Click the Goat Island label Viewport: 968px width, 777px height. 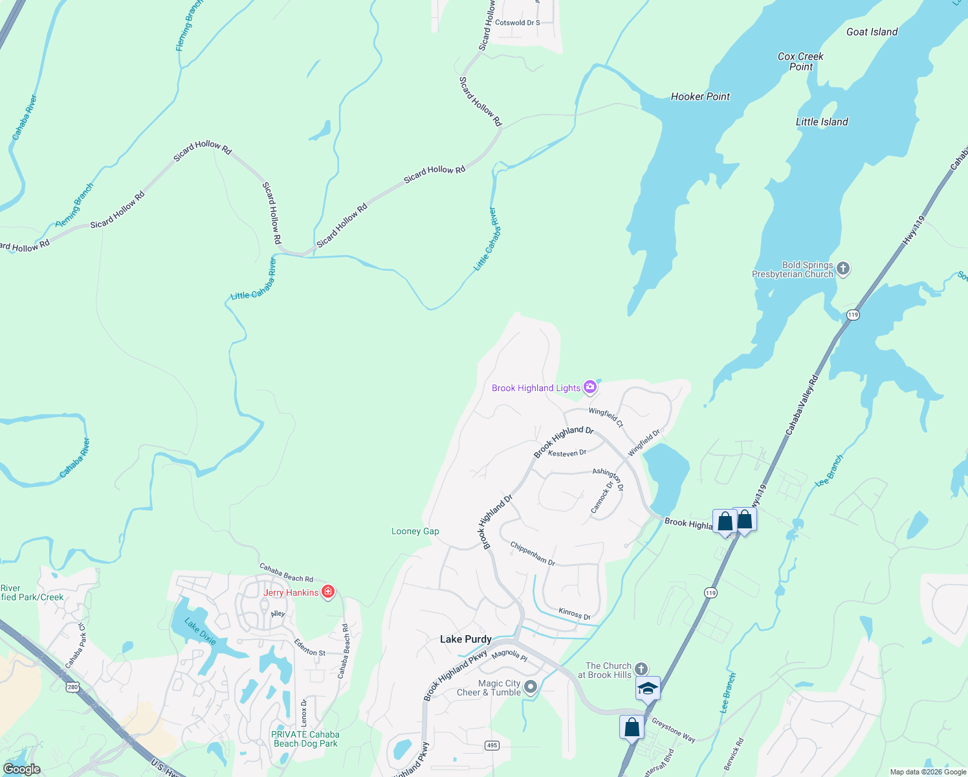pyautogui.click(x=872, y=32)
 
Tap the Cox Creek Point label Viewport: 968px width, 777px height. pyautogui.click(x=800, y=62)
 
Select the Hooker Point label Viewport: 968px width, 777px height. pyautogui.click(x=700, y=96)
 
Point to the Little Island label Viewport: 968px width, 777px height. pyautogui.click(x=821, y=122)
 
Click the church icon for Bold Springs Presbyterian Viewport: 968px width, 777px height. pyautogui.click(x=842, y=269)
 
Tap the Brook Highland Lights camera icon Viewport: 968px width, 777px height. pyautogui.click(x=589, y=387)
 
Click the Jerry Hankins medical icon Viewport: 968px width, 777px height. pyautogui.click(x=328, y=592)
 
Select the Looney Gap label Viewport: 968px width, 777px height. pyautogui.click(x=415, y=531)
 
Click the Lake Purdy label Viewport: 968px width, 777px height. pyautogui.click(x=465, y=639)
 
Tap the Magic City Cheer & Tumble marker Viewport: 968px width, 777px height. pyautogui.click(x=531, y=687)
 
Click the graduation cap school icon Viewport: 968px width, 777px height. pyautogui.click(x=648, y=688)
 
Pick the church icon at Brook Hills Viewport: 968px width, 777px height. pyautogui.click(x=641, y=669)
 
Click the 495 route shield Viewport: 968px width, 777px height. pyautogui.click(x=492, y=745)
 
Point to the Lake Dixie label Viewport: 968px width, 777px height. pyautogui.click(x=201, y=631)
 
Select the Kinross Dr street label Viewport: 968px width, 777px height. pyautogui.click(x=575, y=613)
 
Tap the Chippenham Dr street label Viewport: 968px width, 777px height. pyautogui.click(x=533, y=554)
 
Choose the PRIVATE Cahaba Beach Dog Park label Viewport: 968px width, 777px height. pyautogui.click(x=305, y=739)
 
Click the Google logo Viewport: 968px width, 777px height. pyautogui.click(x=21, y=769)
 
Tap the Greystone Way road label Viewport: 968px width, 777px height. pyautogui.click(x=674, y=730)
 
